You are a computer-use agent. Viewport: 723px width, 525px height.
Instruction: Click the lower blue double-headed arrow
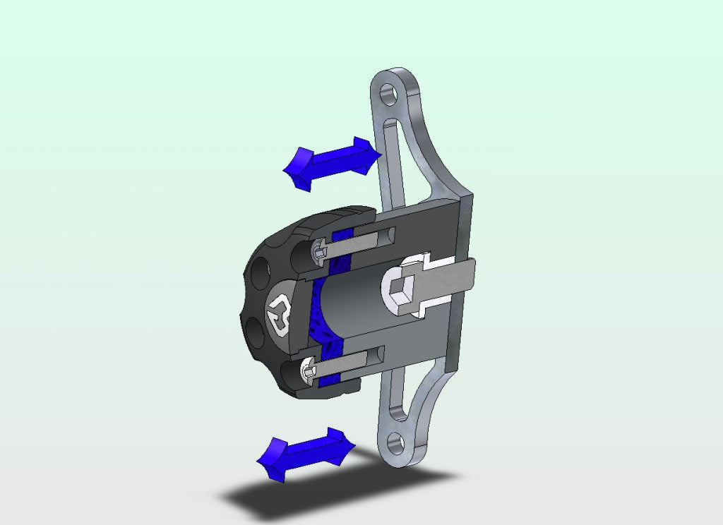[306, 453]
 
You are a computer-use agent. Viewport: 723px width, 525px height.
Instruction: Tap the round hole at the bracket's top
[387, 94]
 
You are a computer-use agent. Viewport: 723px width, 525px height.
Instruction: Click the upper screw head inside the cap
[320, 248]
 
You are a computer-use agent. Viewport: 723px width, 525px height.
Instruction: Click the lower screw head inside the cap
[309, 369]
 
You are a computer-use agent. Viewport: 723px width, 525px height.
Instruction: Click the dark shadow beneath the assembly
[318, 497]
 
